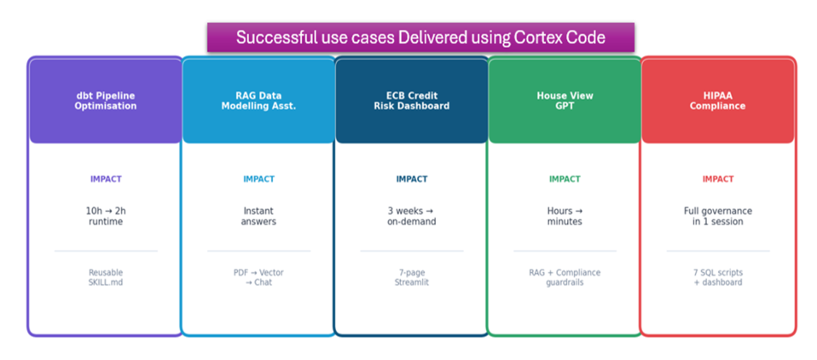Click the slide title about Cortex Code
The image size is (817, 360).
click(420, 38)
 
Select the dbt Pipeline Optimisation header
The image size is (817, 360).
click(105, 101)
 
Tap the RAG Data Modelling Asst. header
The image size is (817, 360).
click(258, 101)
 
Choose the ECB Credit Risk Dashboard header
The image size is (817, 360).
click(412, 101)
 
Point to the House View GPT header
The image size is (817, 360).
click(565, 101)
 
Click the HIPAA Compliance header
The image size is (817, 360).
click(717, 101)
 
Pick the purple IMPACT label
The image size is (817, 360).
click(106, 179)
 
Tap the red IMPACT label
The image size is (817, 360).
click(718, 179)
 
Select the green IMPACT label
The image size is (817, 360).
click(565, 179)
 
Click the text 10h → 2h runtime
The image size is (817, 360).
click(106, 216)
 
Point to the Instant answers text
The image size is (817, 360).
click(258, 216)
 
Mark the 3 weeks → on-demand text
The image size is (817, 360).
click(412, 216)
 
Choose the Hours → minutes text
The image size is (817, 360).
click(565, 216)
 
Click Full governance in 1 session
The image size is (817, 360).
click(718, 216)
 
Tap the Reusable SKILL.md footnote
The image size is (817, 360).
click(106, 277)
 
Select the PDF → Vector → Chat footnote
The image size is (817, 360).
click(258, 277)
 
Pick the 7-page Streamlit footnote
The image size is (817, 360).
click(412, 277)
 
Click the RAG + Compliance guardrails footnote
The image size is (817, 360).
click(565, 277)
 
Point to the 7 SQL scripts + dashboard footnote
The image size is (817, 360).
click(718, 277)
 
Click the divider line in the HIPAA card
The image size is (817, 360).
click(718, 251)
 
